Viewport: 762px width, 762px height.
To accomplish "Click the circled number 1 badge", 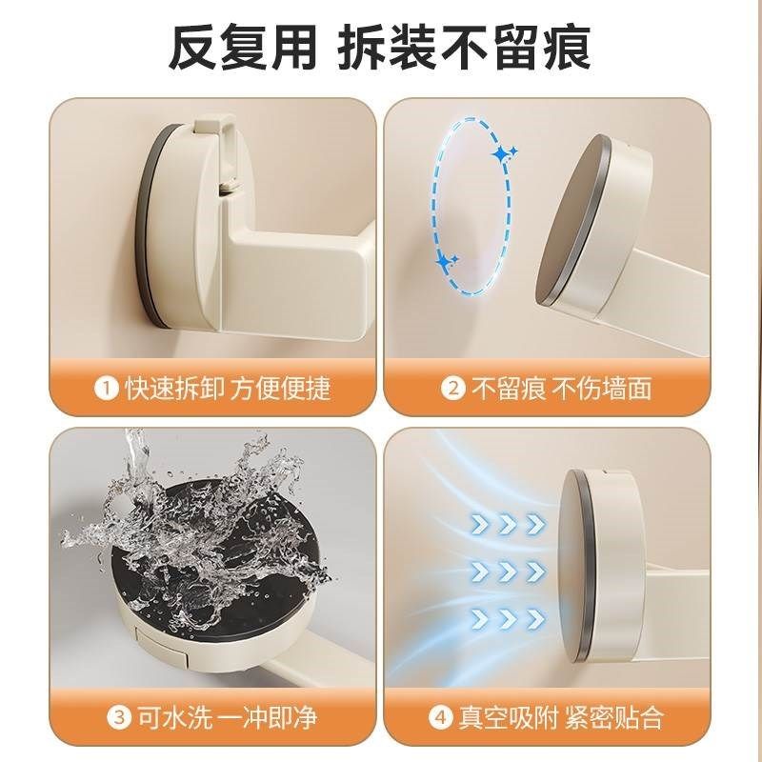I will [106, 389].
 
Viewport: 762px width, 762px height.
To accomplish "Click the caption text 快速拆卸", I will [171, 389].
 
